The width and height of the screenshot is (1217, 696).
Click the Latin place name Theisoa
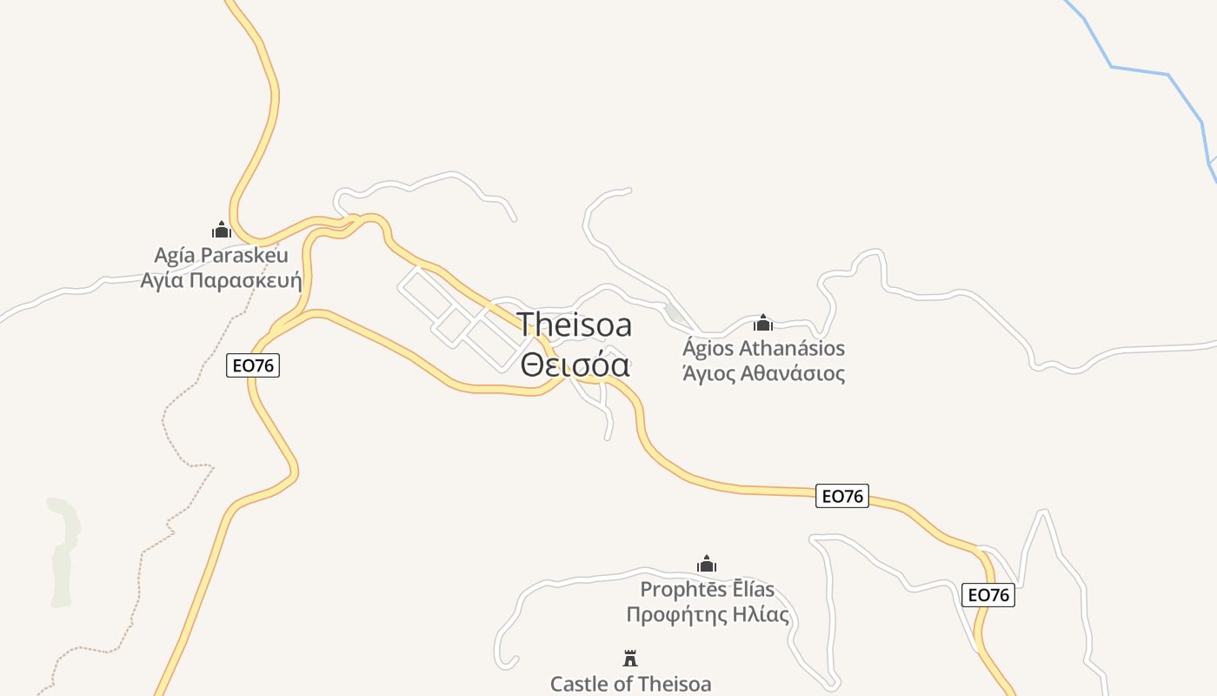pos(575,325)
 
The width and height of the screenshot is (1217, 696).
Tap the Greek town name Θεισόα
pos(575,364)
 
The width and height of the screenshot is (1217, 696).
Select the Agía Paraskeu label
pos(221,256)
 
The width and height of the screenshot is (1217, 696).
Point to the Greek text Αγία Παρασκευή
pos(221,280)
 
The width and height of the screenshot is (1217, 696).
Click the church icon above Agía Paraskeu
pos(222,230)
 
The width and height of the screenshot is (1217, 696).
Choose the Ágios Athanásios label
pos(763,349)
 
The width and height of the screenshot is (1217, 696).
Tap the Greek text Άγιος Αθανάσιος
pos(763,374)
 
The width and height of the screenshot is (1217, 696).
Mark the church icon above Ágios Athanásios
pos(763,323)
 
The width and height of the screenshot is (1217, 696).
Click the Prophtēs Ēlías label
pos(707,590)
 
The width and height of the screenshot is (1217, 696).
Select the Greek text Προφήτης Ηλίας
pos(708,615)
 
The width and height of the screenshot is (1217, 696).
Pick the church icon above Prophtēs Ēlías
pos(707,564)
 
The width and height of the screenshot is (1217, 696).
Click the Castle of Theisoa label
pos(630,684)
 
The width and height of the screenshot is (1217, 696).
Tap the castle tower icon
pos(630,659)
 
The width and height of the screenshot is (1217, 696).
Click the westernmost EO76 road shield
pos(253,365)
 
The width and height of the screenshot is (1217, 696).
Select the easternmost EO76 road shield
pos(988,595)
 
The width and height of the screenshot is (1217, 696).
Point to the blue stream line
pos(1139,70)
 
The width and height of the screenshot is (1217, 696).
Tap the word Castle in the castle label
pos(580,684)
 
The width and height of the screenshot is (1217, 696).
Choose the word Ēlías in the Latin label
pos(746,590)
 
